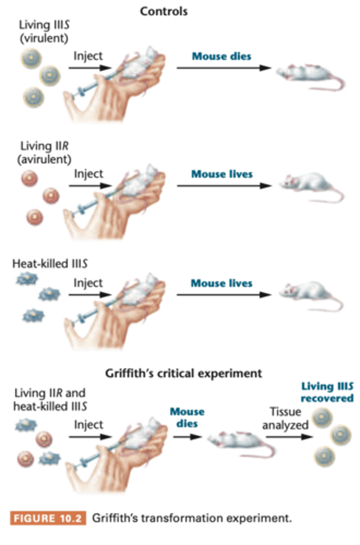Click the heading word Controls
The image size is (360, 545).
[164, 11]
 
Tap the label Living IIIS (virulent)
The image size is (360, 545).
[44, 31]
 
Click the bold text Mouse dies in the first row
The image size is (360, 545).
[221, 57]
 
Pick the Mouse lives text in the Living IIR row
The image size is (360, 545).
[221, 174]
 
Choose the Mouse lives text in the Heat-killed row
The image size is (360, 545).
[221, 283]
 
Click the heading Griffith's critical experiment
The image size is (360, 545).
[184, 373]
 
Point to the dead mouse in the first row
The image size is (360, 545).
[309, 74]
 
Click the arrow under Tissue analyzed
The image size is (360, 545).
[289, 437]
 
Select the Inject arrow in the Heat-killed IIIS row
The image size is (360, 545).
[90, 295]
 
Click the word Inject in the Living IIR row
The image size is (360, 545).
[89, 174]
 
